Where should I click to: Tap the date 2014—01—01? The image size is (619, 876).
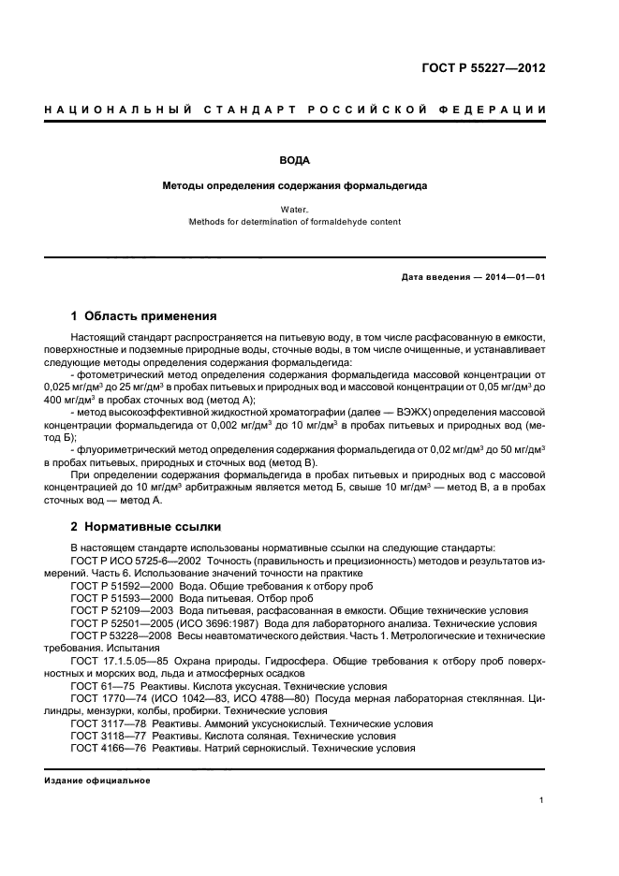click(x=511, y=279)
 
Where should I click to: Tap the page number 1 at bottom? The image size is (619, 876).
click(x=542, y=800)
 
